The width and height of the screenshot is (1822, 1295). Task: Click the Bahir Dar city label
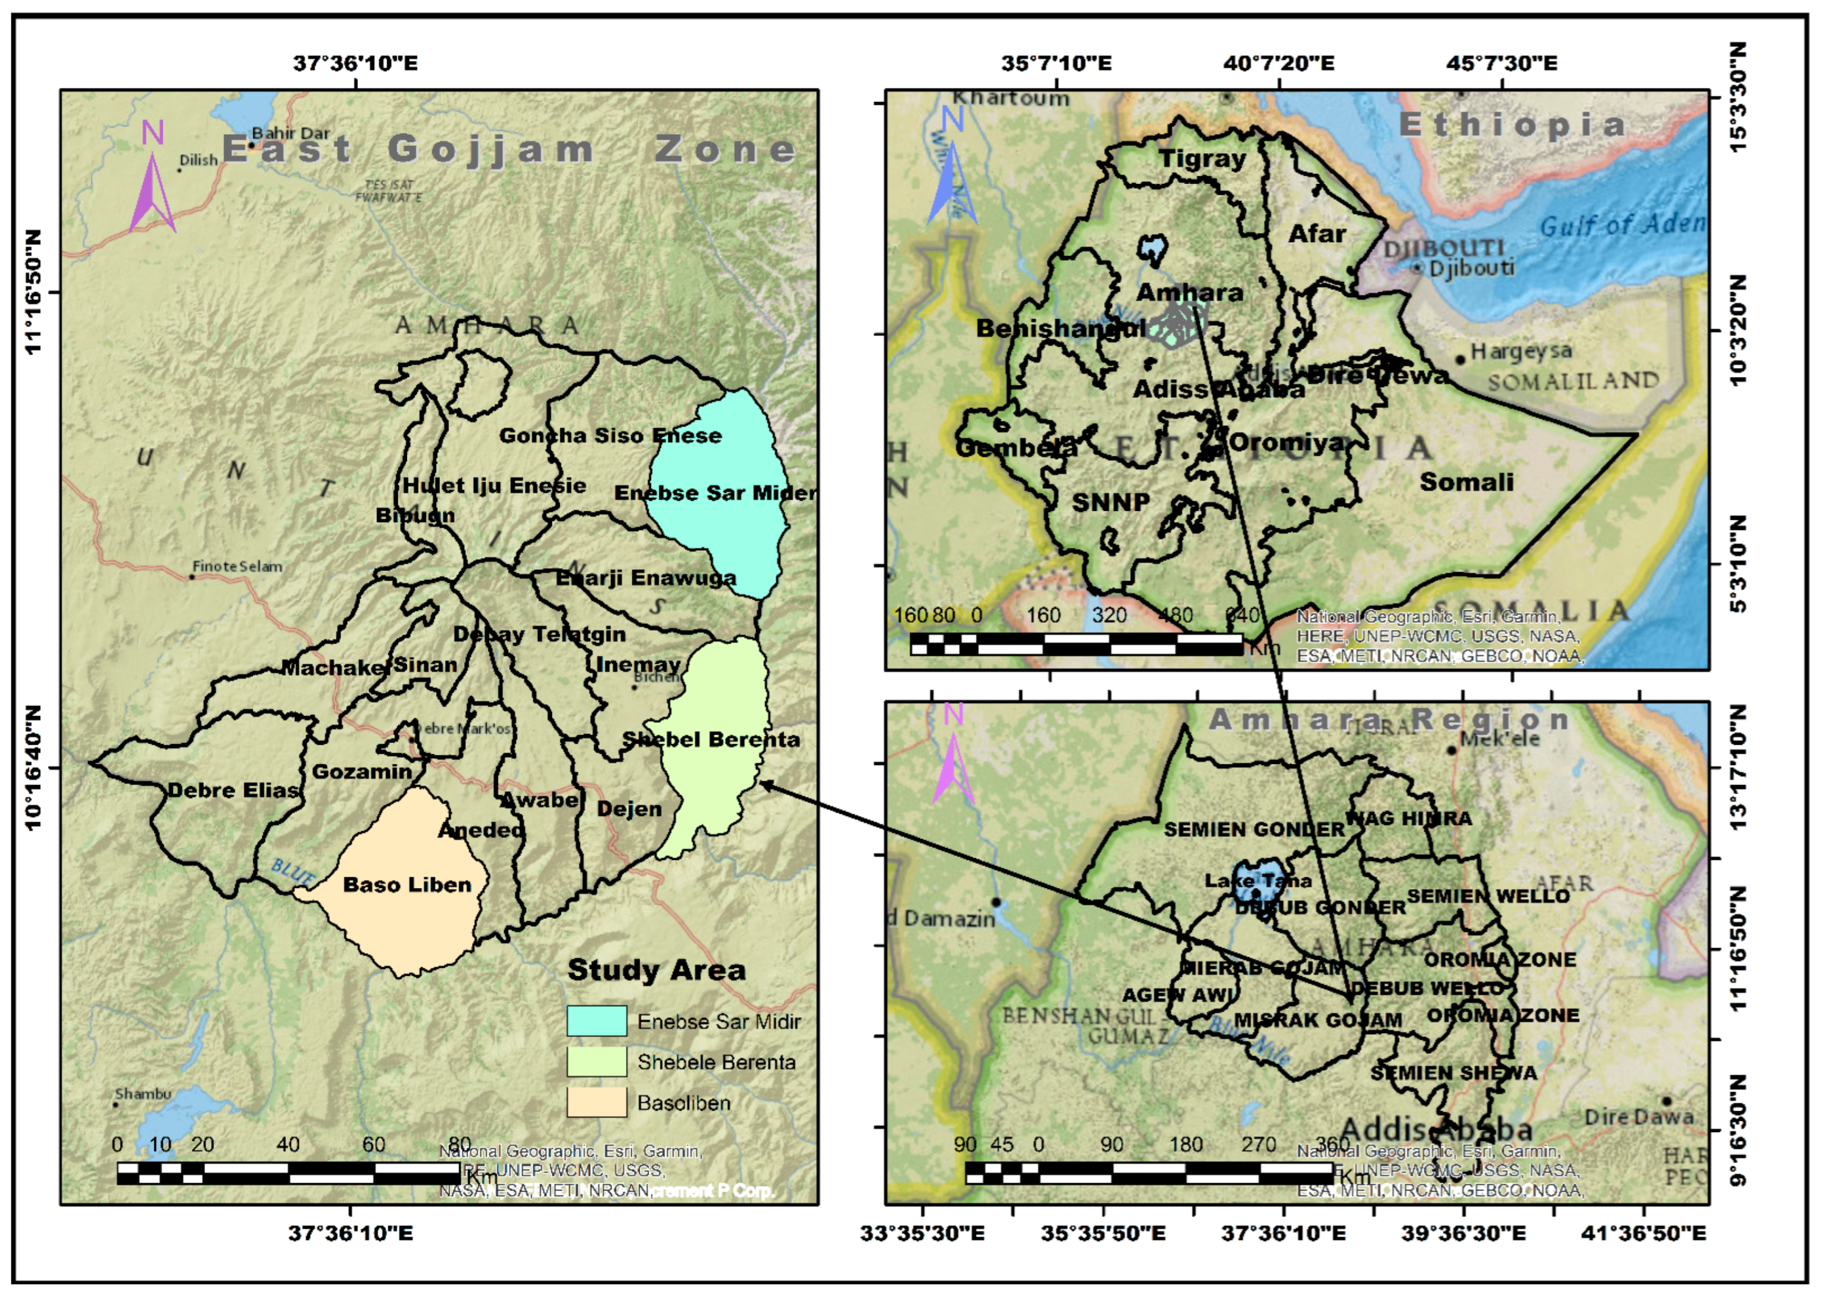point(290,133)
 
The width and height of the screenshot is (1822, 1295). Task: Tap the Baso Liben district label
point(407,884)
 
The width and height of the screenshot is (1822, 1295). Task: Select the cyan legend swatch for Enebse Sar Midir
point(596,1021)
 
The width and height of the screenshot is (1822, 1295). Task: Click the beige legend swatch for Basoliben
point(596,1102)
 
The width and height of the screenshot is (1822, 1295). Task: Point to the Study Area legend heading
point(656,970)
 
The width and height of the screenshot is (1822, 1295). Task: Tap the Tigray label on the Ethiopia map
point(1202,158)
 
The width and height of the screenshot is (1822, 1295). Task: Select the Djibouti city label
point(1471,268)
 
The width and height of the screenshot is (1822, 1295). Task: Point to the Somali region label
point(1466,481)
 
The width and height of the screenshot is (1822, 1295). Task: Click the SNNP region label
point(1110,502)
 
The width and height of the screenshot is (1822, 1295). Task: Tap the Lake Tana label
point(1257,880)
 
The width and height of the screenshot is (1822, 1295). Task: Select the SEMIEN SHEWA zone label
point(1453,1073)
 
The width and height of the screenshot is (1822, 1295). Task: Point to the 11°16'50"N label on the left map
point(33,292)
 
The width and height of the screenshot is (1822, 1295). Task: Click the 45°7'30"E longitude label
point(1502,62)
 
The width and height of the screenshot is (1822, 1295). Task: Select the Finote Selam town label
point(237,566)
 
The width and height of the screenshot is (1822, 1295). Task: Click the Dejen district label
point(629,809)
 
